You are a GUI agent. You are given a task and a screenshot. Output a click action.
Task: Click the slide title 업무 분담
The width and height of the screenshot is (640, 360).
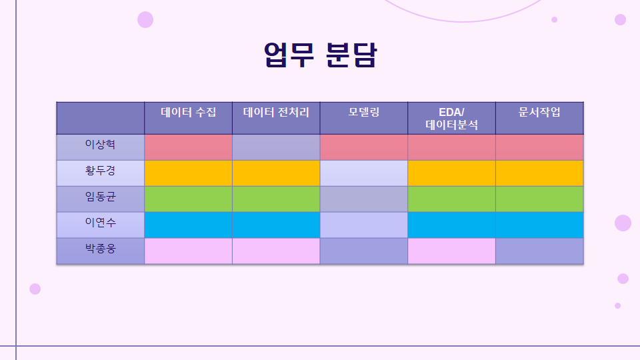point(321,55)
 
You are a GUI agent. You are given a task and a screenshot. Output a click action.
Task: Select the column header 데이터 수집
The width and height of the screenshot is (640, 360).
point(188,112)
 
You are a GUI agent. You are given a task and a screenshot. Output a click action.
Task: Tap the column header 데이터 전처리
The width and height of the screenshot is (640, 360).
point(276,112)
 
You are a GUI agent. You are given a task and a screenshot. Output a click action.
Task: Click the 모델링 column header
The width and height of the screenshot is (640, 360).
point(364,112)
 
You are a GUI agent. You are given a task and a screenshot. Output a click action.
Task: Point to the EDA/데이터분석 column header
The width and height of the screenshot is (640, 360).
point(451,119)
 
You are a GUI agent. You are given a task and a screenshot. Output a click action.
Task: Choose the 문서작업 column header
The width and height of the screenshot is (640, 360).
point(539,112)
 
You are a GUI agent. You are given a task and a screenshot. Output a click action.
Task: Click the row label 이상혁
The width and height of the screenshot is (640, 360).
point(101,144)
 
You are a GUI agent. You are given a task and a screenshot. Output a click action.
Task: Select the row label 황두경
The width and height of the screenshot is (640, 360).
point(101,170)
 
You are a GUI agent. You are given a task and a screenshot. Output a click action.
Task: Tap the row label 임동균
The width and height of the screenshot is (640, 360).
point(101,196)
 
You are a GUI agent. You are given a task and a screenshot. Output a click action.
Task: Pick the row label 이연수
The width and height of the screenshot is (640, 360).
point(101,223)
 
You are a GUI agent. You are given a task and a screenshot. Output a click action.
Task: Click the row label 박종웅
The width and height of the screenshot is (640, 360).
point(101,248)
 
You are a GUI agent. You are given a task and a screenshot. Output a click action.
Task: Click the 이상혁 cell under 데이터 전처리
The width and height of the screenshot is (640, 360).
point(276,147)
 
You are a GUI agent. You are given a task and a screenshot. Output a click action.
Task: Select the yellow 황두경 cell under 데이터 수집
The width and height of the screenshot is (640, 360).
point(188,173)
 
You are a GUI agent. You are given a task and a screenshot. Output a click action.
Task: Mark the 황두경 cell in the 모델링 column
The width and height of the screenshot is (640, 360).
point(364,173)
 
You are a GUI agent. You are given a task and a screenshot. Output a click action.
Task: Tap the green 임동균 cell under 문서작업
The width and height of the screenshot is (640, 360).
point(539,199)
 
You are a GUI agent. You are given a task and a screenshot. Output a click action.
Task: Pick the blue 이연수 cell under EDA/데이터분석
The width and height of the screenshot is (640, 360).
point(451,225)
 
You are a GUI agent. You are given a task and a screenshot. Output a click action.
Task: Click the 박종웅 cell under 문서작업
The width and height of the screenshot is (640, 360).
point(539,251)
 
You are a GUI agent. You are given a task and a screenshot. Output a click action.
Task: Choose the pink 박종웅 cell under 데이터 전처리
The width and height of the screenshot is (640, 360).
point(276,251)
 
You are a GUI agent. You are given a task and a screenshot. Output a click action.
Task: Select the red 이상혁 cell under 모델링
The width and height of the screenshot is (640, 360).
point(364,147)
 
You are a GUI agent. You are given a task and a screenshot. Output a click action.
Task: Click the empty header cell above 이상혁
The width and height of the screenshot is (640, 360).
point(101,118)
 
